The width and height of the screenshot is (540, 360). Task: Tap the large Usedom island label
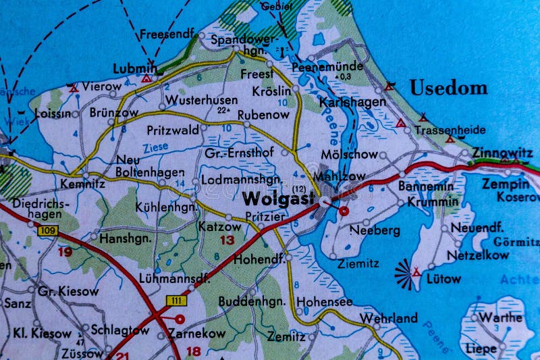[x=448, y=88]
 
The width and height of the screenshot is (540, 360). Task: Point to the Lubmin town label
[x=135, y=68]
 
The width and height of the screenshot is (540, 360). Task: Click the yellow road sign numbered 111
[x=176, y=299]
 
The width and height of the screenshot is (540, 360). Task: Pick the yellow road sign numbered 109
[x=48, y=232]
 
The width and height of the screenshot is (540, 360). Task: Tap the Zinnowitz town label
[x=502, y=153]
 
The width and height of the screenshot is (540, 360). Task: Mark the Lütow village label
[x=443, y=278]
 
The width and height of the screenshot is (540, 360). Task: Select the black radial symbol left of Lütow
[x=406, y=272]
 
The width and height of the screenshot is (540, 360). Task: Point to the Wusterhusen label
[x=201, y=100]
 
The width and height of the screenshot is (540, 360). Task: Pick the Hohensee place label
[x=325, y=301]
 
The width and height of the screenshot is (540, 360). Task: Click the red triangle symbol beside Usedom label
[x=389, y=86]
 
